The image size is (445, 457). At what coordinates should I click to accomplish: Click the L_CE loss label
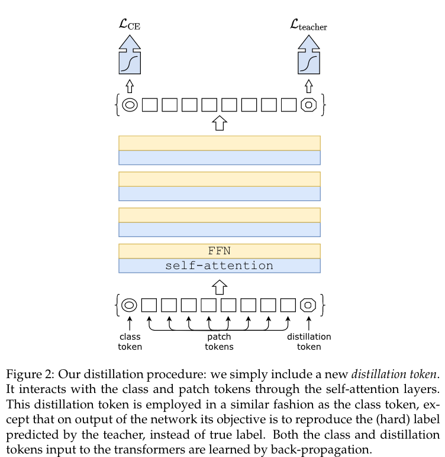click(130, 25)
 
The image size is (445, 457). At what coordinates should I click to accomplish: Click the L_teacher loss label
click(308, 25)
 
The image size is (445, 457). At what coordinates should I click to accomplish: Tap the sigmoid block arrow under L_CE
click(130, 58)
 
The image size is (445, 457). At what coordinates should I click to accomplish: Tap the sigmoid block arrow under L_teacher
click(308, 58)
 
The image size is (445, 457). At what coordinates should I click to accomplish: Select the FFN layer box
click(219, 251)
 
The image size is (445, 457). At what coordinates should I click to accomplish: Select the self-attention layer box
click(219, 266)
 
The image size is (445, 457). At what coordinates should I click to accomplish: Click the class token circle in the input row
click(129, 305)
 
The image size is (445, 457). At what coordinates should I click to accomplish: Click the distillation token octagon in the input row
click(308, 305)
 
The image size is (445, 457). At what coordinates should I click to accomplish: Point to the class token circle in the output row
click(130, 105)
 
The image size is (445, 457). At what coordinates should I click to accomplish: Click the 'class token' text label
click(130, 341)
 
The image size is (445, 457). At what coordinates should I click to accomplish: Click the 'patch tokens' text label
click(219, 341)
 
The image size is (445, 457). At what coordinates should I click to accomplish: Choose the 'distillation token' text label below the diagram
click(309, 341)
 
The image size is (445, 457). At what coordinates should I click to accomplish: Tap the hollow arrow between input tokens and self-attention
click(220, 287)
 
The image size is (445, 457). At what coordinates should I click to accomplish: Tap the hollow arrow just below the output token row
click(220, 123)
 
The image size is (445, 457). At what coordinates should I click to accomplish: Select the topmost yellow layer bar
click(219, 143)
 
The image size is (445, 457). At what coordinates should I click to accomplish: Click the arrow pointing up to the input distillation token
click(308, 322)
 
